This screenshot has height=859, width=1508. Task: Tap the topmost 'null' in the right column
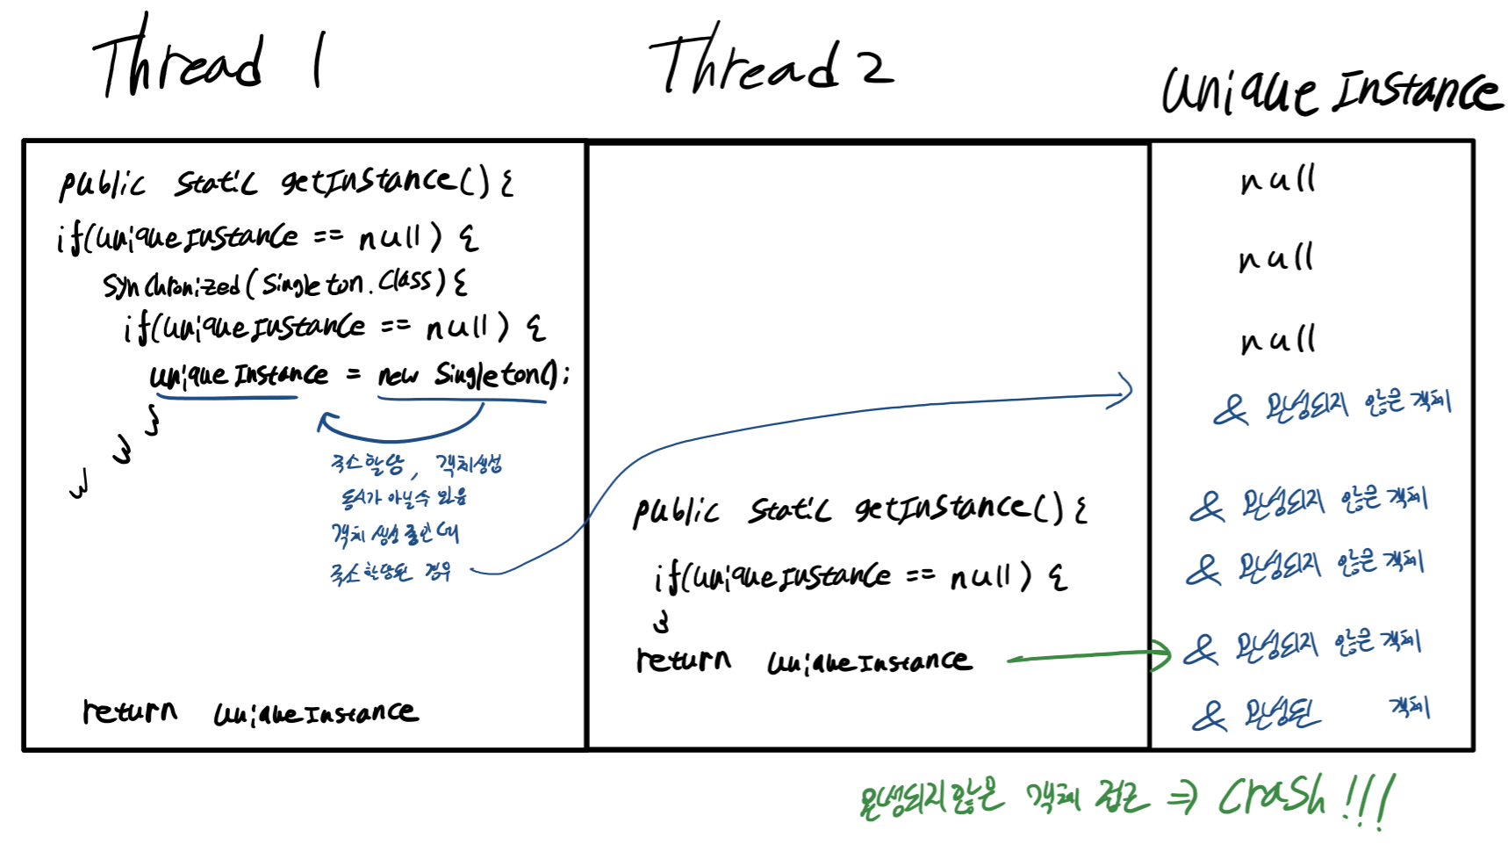[x=1277, y=180]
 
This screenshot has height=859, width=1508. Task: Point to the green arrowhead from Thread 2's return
[x=1163, y=653]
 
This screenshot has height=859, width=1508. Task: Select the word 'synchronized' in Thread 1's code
[x=171, y=285]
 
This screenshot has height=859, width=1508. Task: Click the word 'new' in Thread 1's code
[x=398, y=375]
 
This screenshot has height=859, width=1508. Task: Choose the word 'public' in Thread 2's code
[x=676, y=511]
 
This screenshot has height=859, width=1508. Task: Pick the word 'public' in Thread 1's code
[x=102, y=184]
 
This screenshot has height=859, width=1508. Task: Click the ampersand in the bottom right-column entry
[x=1209, y=716]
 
